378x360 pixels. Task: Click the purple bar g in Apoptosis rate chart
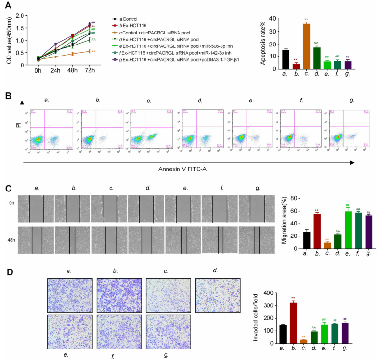point(348,65)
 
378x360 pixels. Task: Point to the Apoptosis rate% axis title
point(262,45)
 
